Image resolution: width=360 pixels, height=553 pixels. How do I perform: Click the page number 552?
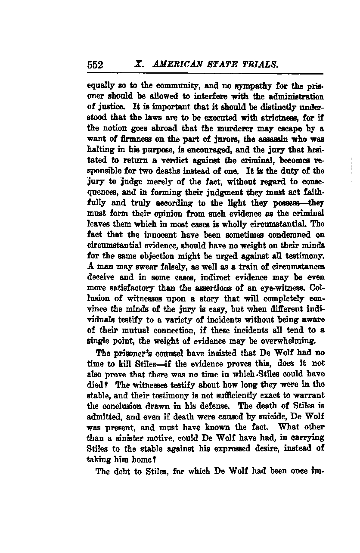[95, 65]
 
